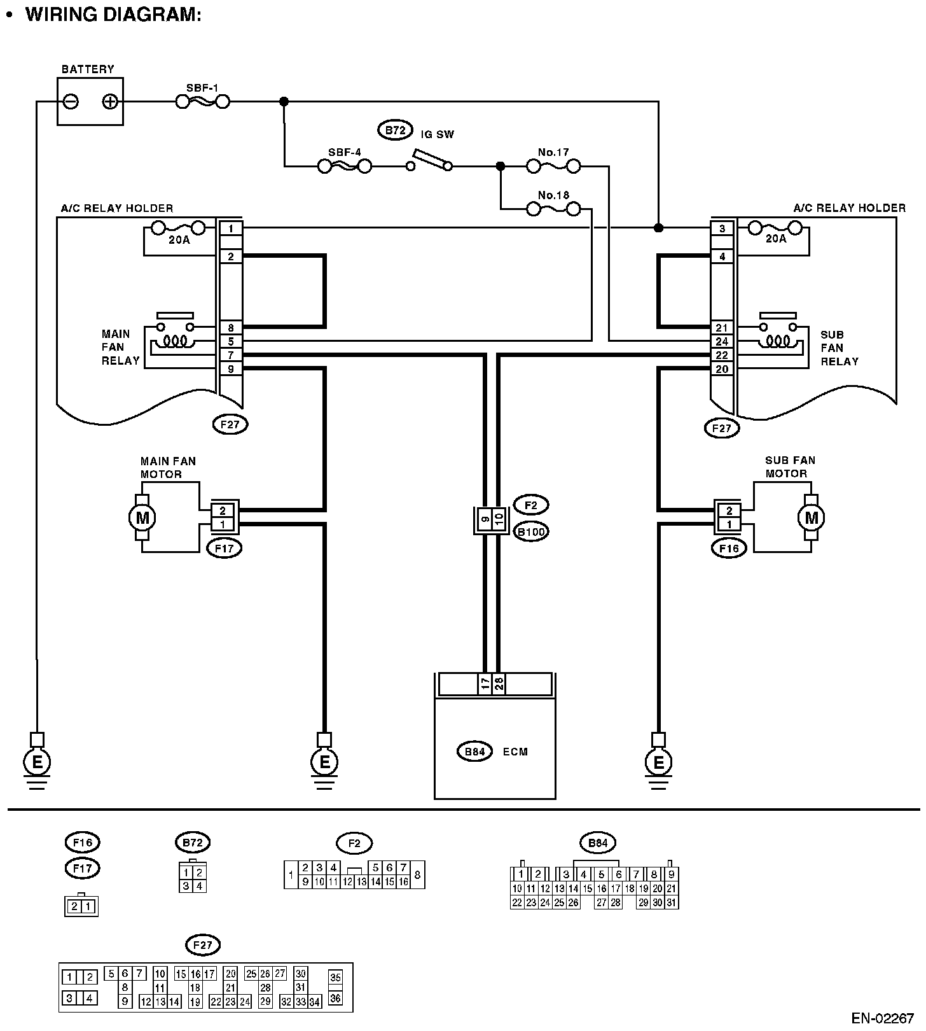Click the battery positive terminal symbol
point(110,101)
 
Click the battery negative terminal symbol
point(71,101)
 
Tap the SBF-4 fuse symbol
point(344,166)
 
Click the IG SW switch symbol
point(431,160)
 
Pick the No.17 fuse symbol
point(553,167)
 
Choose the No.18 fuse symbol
point(553,209)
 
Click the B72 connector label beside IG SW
point(395,130)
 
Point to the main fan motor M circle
point(142,517)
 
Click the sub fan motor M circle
point(811,517)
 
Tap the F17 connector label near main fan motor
point(225,547)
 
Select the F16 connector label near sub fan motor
point(729,547)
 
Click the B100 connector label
point(531,531)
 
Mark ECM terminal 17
point(485,684)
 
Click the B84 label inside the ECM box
point(475,752)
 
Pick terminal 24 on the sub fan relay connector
point(722,342)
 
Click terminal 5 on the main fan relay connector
point(230,342)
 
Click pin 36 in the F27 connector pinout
point(335,999)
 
